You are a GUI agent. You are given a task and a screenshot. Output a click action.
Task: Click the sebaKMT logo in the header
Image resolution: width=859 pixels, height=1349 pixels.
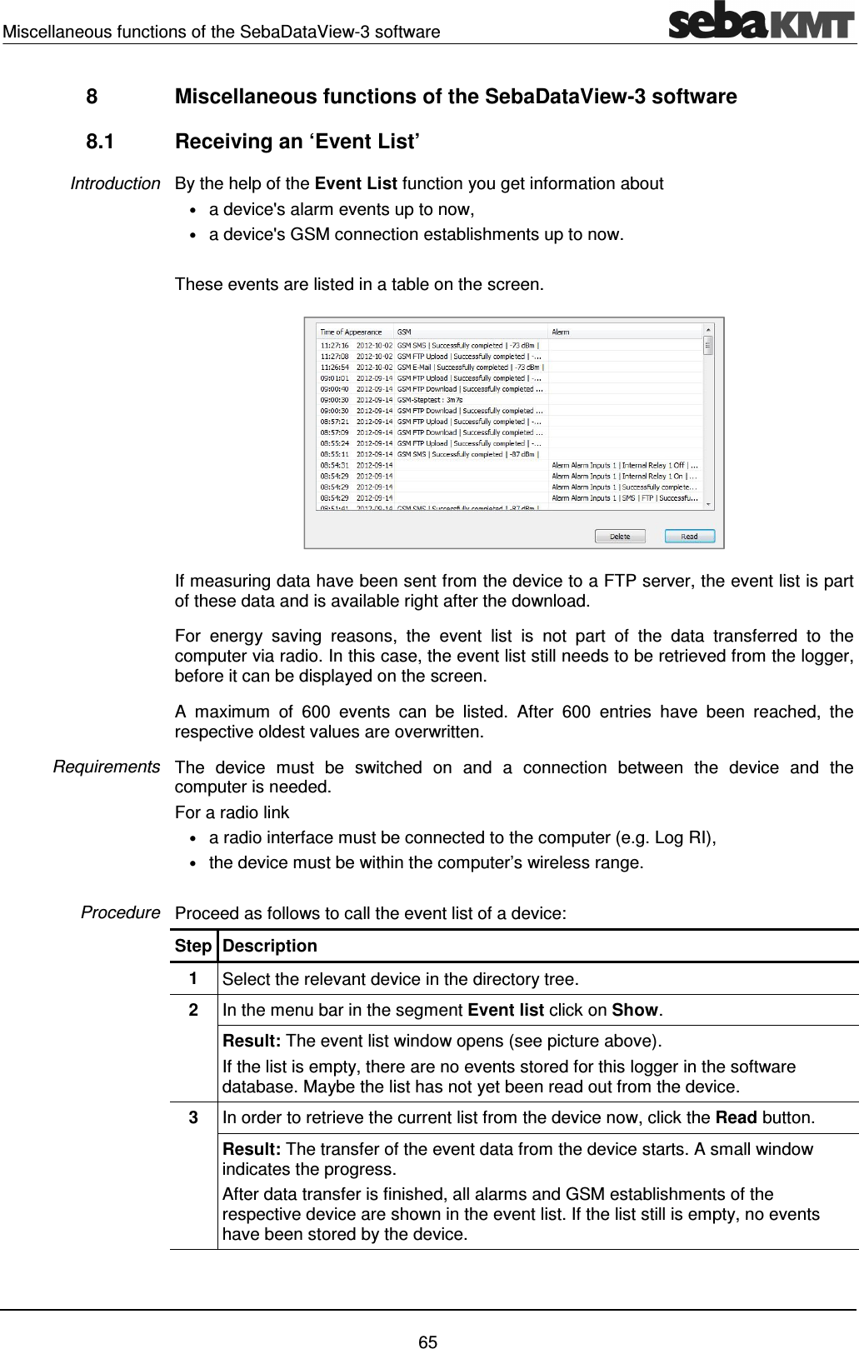761,21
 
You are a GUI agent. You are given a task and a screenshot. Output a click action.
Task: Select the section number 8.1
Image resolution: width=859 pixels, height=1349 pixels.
100,142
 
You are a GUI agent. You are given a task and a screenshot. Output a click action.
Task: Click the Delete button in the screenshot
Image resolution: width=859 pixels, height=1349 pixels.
620,536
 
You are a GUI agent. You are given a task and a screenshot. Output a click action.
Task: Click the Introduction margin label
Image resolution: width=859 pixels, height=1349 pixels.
115,183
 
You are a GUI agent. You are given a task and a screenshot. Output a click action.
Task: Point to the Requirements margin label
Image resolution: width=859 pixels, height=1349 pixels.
107,767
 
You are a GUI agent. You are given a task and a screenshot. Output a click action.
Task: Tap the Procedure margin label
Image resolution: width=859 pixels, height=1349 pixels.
120,912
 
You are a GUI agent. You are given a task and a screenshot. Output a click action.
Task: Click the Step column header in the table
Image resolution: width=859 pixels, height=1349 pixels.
192,946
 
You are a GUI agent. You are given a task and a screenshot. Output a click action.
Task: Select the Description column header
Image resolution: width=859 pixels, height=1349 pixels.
269,946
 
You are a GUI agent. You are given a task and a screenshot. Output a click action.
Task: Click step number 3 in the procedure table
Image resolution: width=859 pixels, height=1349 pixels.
192,1117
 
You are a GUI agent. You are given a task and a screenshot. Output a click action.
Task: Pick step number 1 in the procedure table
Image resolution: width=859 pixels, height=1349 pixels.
192,978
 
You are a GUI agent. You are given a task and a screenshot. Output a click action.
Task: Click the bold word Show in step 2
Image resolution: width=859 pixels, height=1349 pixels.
635,1010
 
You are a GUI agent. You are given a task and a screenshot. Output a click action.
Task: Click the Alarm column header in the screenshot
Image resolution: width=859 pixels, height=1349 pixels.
561,332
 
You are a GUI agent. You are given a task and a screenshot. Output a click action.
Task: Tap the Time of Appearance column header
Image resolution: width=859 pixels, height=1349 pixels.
351,332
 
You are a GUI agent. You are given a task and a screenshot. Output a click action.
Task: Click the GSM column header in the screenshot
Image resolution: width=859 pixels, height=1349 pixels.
404,332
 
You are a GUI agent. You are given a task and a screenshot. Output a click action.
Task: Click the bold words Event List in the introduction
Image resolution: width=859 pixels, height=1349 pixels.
356,183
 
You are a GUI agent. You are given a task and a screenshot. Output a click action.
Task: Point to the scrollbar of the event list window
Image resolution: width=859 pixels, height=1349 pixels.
708,417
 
